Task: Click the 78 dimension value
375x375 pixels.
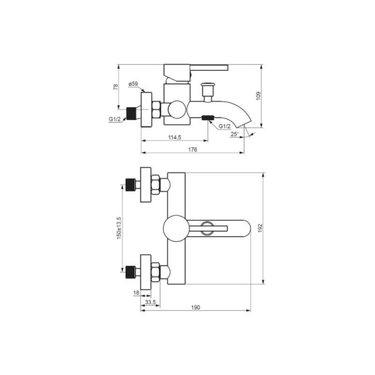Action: tap(116, 87)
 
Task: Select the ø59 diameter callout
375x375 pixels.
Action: tap(133, 84)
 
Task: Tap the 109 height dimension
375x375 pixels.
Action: tap(258, 96)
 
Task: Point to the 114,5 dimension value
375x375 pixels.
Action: tap(175, 137)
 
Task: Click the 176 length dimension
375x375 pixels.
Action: tap(193, 150)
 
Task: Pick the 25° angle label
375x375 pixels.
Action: tap(235, 134)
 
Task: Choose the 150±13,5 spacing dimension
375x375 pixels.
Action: tap(119, 228)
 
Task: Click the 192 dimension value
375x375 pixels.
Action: tap(260, 228)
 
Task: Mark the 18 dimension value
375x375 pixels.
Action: tap(136, 292)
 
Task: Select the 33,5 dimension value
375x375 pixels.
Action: tap(150, 302)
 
